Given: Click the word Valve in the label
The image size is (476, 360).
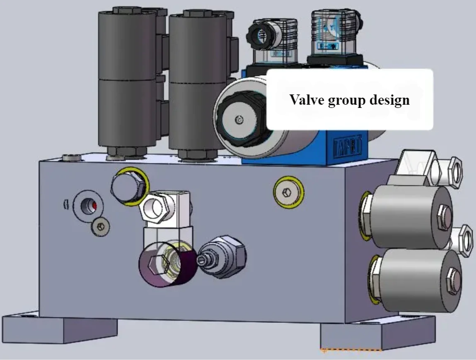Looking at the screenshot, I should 307,100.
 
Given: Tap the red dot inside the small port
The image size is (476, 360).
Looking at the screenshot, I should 92,205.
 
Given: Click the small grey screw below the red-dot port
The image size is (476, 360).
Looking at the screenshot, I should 100,227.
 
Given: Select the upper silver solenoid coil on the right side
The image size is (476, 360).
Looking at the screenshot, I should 410,210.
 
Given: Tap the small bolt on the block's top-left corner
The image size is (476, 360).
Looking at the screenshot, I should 71,158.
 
